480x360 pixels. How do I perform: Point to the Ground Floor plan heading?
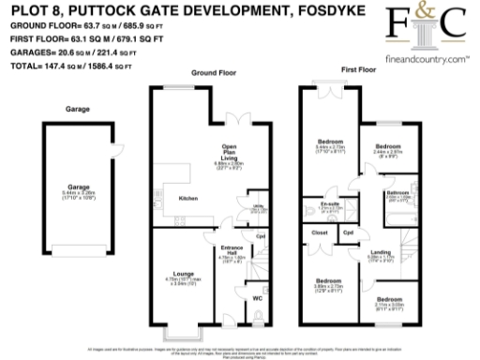point(212,71)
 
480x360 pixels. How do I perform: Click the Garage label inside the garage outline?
point(66,186)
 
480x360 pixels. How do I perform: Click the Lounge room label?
point(185,273)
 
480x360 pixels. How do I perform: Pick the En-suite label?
point(329,203)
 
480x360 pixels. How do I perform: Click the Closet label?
point(320,231)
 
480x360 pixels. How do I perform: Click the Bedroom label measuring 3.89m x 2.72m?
point(328,281)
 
